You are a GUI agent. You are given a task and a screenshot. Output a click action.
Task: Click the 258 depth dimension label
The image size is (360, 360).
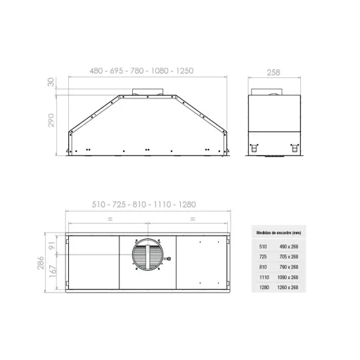(274, 72)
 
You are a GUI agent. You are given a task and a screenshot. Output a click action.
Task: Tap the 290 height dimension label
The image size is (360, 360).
(51, 120)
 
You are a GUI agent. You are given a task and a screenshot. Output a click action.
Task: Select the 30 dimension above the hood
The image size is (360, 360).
(51, 82)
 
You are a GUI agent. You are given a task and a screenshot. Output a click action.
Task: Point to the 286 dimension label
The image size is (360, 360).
(41, 263)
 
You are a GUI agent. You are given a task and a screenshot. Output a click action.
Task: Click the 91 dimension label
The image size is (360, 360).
(53, 245)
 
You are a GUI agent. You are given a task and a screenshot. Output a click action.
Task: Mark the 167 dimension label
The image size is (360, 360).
(53, 271)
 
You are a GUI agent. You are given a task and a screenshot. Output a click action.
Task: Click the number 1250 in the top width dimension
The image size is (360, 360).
(185, 71)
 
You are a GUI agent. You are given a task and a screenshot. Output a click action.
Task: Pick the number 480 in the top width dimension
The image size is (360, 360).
(96, 71)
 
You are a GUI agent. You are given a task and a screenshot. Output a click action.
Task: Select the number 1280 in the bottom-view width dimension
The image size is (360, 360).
(187, 205)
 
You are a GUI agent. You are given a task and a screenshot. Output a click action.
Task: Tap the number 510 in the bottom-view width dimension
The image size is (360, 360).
(98, 205)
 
